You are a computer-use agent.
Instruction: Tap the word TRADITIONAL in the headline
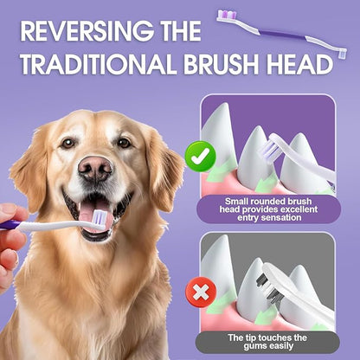106,67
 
